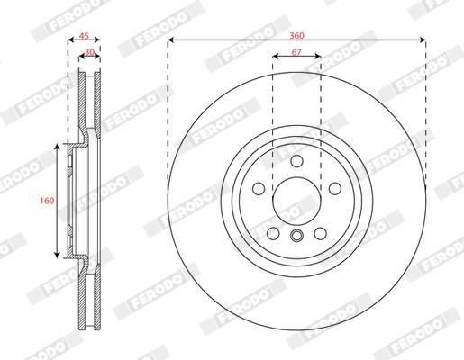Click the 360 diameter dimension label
(296, 36)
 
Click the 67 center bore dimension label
(296, 52)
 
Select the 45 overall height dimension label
(84, 36)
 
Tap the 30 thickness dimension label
(89, 52)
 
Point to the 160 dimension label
(47, 201)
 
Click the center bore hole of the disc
(296, 201)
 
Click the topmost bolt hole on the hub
(296, 160)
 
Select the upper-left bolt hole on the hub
(259, 189)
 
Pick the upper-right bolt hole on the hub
(335, 189)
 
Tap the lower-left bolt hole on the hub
(273, 233)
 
